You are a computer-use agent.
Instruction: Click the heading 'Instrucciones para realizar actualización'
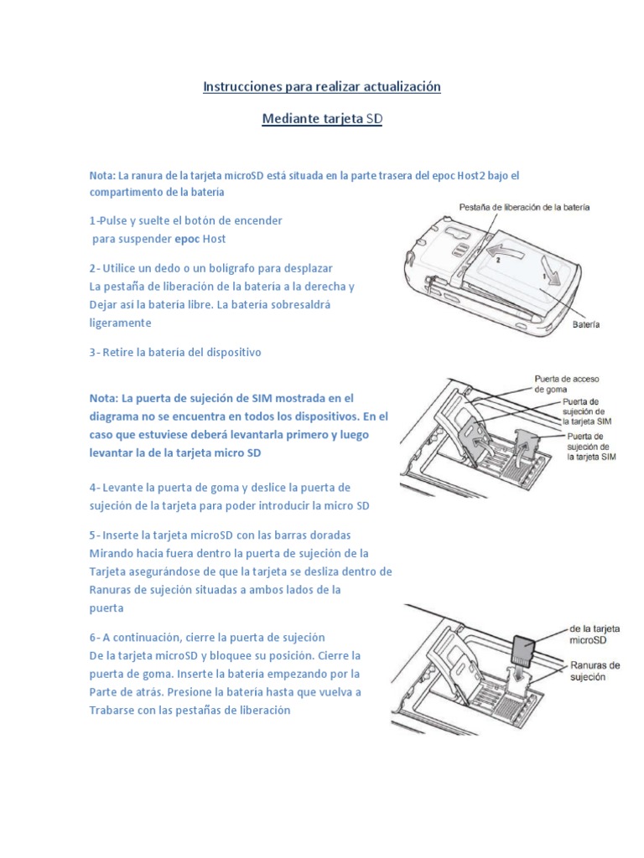[x=322, y=86]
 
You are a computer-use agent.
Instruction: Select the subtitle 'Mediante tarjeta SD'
[x=322, y=119]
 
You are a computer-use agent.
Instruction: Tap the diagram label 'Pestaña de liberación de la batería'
[x=524, y=206]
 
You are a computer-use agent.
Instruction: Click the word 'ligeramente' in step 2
[x=120, y=323]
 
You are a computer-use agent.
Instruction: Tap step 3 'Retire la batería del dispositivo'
[x=175, y=353]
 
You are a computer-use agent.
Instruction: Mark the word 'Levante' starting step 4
[x=124, y=488]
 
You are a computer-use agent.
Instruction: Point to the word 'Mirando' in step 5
[x=113, y=553]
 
